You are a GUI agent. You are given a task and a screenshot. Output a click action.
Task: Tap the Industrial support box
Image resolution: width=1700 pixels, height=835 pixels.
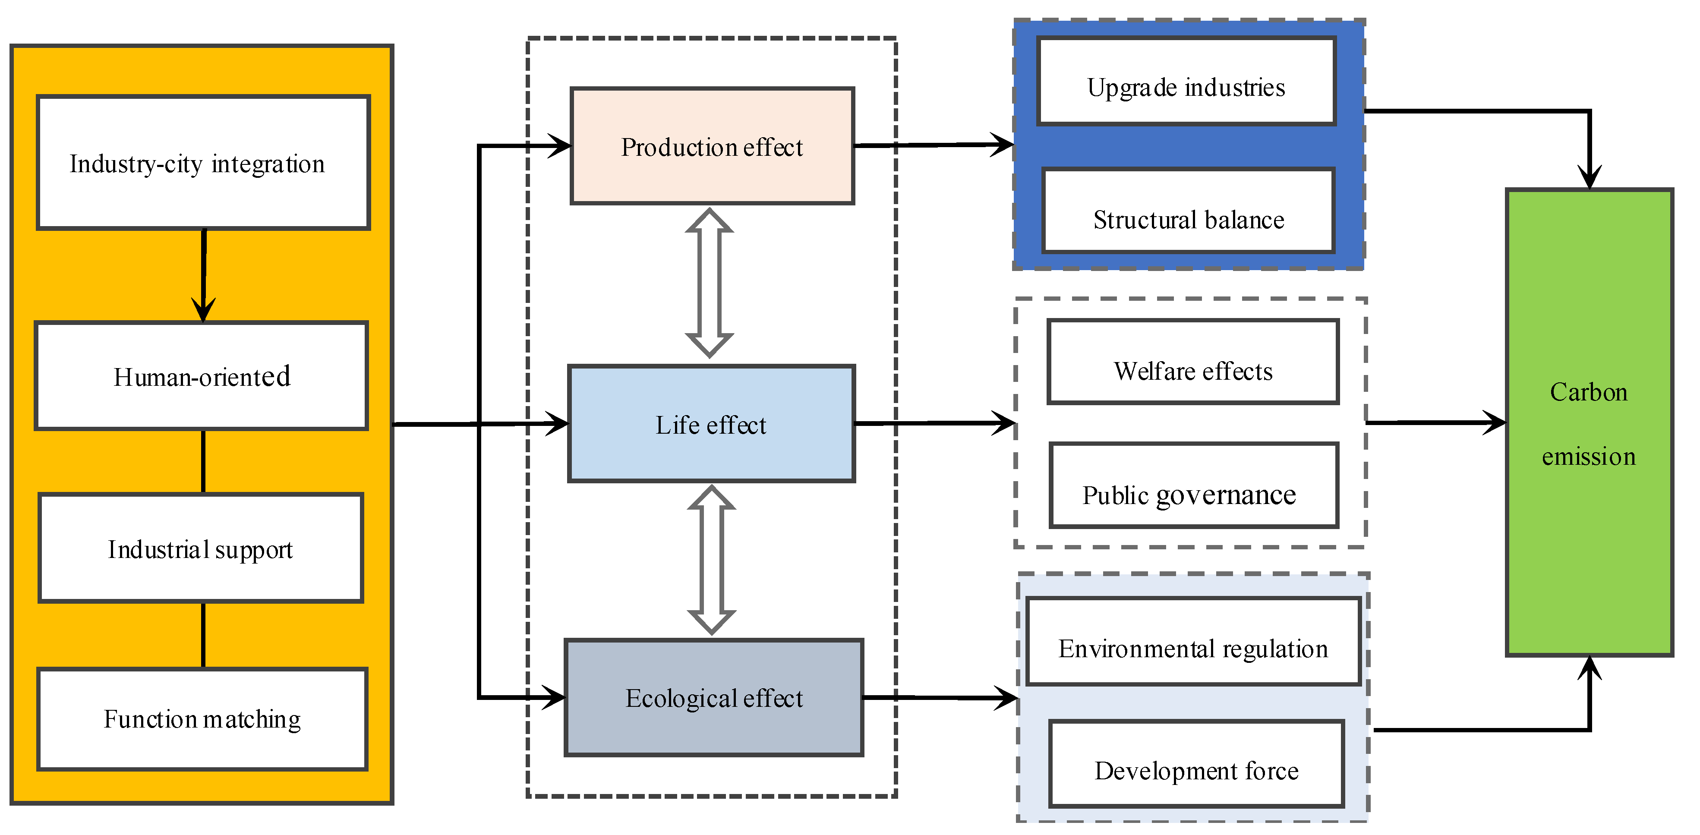201,548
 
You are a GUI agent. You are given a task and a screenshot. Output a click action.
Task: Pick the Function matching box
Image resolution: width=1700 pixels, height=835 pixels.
202,719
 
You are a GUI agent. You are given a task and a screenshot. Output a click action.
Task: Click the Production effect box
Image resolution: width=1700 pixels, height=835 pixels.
712,146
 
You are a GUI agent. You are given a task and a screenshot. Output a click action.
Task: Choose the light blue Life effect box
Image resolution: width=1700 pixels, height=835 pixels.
711,424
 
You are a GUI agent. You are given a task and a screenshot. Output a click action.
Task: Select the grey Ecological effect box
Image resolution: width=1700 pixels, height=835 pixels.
714,698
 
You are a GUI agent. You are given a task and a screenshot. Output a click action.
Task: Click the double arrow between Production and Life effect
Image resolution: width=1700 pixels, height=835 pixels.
710,283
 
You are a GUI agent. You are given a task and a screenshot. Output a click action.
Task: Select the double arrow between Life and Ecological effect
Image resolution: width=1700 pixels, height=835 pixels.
711,560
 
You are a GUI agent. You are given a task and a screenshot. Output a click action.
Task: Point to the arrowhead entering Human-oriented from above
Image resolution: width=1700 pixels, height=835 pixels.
203,310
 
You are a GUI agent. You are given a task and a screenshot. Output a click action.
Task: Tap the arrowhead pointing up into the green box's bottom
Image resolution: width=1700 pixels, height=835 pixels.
1590,668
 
